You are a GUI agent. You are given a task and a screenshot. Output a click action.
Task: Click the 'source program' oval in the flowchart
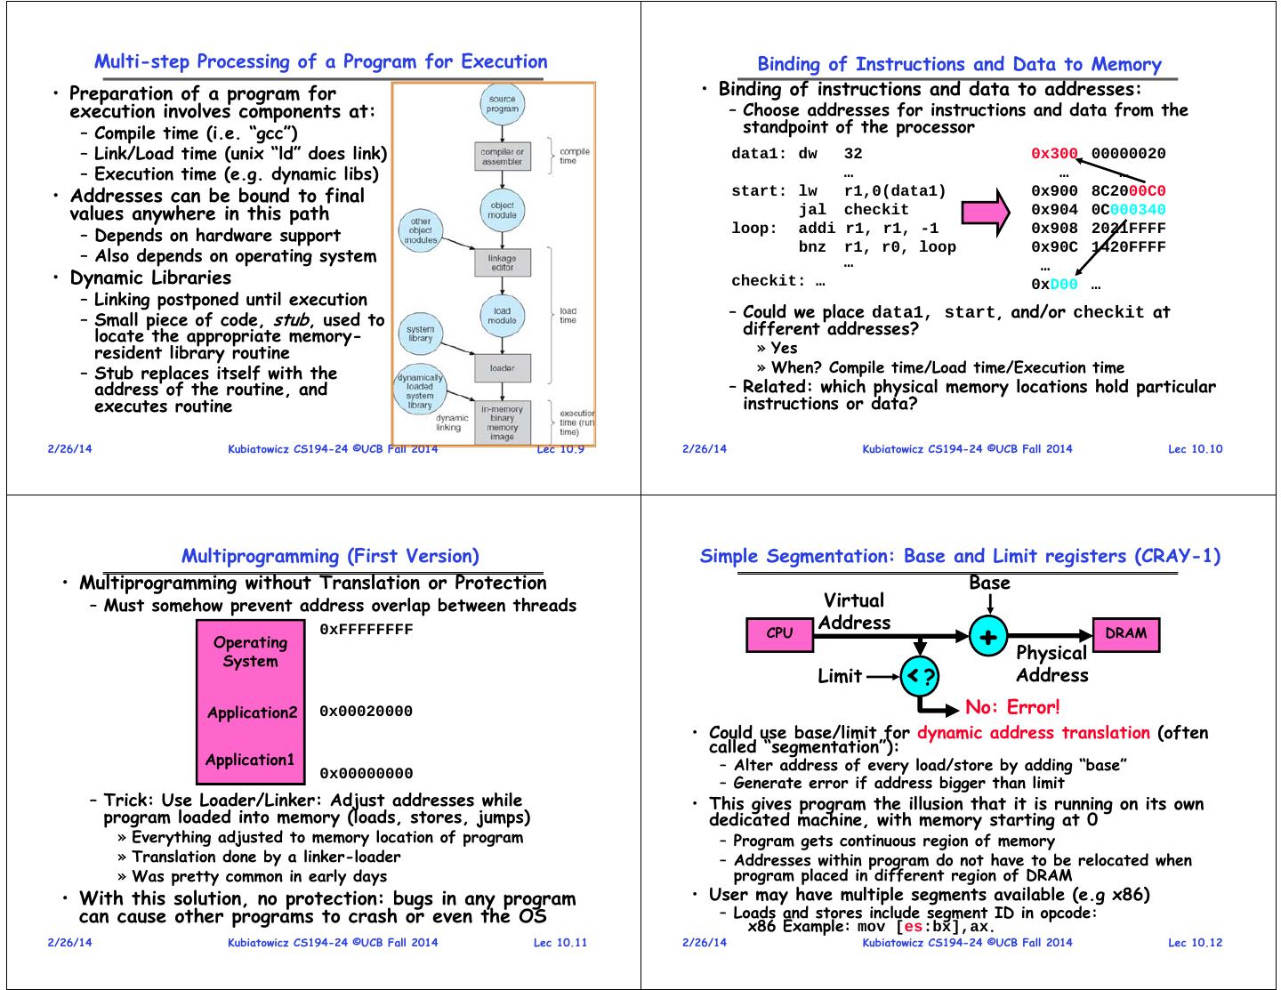tap(502, 104)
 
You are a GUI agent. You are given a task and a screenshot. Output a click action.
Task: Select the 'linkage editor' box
tap(502, 262)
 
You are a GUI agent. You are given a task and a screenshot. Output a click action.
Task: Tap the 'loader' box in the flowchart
tap(502, 367)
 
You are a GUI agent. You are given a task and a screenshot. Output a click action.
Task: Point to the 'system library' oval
tap(420, 334)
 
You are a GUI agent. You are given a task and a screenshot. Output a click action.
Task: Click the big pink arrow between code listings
tap(986, 212)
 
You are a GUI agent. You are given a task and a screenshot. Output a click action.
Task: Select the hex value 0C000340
tap(1128, 210)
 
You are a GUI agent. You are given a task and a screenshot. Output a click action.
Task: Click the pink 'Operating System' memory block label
tap(250, 652)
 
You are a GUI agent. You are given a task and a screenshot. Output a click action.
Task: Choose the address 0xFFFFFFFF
tap(366, 630)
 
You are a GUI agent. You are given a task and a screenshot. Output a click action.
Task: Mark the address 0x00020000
tap(366, 712)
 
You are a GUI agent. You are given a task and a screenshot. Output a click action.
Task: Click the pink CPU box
tap(778, 634)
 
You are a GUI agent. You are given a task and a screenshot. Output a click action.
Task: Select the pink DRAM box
tap(1125, 634)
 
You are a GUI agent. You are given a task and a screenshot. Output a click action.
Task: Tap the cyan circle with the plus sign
tap(987, 636)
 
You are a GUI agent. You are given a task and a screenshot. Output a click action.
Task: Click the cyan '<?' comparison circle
tap(920, 677)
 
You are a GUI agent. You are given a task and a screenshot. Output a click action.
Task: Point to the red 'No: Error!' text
tap(1012, 708)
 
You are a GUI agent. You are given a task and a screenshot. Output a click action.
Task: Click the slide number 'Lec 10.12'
tap(1195, 943)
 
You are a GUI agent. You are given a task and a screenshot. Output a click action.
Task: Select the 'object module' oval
tap(502, 210)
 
